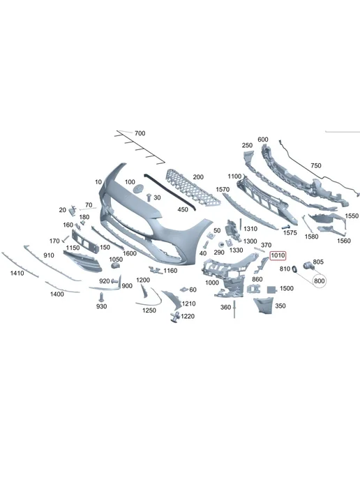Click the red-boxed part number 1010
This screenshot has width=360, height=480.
tap(278, 255)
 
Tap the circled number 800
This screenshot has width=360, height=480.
tap(320, 281)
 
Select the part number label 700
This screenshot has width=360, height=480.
tap(140, 133)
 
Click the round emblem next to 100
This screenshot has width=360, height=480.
tap(139, 188)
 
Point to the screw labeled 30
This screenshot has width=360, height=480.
tap(149, 197)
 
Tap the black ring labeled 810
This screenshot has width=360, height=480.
tap(295, 269)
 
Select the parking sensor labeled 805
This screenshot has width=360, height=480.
tap(308, 266)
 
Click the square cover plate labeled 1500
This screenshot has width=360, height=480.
tap(271, 290)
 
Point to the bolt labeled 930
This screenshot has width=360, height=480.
tap(100, 297)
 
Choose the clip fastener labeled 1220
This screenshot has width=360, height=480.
tap(175, 317)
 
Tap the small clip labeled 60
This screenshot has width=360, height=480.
tap(184, 290)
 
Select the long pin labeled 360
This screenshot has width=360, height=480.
tap(234, 309)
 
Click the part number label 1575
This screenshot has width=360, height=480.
tap(290, 232)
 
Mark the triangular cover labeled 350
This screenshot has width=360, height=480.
tap(264, 306)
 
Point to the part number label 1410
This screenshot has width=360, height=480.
tap(17, 273)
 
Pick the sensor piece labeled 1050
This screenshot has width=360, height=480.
tap(115, 266)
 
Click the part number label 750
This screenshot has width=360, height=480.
tap(316, 165)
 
